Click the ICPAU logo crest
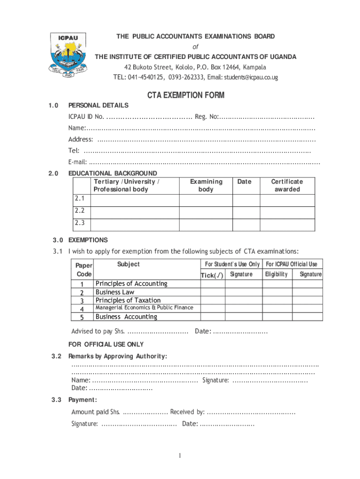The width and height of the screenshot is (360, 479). (x=69, y=56)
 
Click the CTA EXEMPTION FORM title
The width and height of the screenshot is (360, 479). (x=186, y=95)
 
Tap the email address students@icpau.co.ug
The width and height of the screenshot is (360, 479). (x=251, y=77)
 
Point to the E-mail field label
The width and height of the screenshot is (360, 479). (x=78, y=162)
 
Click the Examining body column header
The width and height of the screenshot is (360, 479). (x=206, y=185)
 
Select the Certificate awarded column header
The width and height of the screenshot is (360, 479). (x=287, y=185)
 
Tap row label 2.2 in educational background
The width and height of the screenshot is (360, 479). (x=79, y=211)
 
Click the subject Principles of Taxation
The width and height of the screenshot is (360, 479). (x=128, y=300)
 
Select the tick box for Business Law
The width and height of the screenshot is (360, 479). (x=213, y=292)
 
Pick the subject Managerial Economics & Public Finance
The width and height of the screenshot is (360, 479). (x=144, y=308)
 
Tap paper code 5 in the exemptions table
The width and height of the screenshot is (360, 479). (x=82, y=317)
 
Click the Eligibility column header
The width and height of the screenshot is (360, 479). (x=276, y=274)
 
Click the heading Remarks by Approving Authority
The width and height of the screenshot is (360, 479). (x=117, y=356)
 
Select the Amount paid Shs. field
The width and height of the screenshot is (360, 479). (x=145, y=412)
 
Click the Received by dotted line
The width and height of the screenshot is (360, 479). (x=251, y=412)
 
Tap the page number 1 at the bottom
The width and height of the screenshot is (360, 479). (x=180, y=456)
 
